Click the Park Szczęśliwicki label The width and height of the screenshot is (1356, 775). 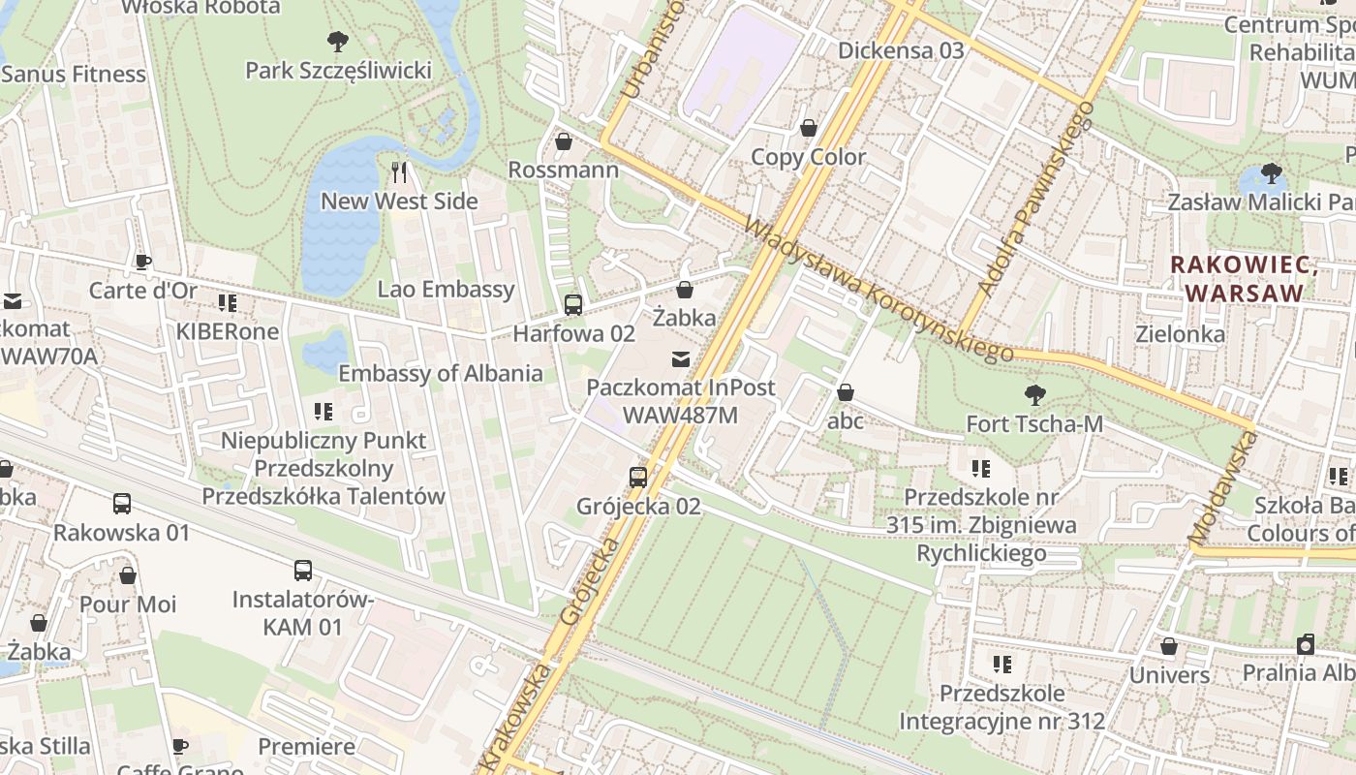click(338, 71)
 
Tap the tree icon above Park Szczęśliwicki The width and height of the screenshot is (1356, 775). click(337, 41)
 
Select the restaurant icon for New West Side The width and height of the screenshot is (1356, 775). click(399, 172)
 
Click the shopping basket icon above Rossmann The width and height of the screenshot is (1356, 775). click(564, 141)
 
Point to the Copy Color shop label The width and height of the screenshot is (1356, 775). click(809, 157)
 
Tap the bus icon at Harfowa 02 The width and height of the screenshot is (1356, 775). click(573, 305)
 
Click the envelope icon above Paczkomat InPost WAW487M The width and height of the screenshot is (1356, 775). click(681, 359)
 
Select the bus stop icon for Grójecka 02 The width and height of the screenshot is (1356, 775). click(637, 477)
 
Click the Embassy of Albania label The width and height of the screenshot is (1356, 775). click(440, 373)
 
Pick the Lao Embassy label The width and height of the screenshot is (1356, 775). click(446, 289)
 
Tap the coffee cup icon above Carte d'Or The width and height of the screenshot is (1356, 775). click(143, 262)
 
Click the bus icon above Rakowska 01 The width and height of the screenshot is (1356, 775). click(122, 504)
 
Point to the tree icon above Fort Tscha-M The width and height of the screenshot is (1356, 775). click(1034, 394)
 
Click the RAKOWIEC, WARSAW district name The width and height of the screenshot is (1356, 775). click(1244, 278)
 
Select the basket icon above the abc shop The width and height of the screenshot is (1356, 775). click(846, 392)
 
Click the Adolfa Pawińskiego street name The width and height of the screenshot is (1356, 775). click(1036, 198)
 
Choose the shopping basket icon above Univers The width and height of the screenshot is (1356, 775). click(1169, 646)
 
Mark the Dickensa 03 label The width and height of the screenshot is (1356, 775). click(901, 50)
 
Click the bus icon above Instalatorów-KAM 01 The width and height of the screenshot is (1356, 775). click(303, 571)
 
